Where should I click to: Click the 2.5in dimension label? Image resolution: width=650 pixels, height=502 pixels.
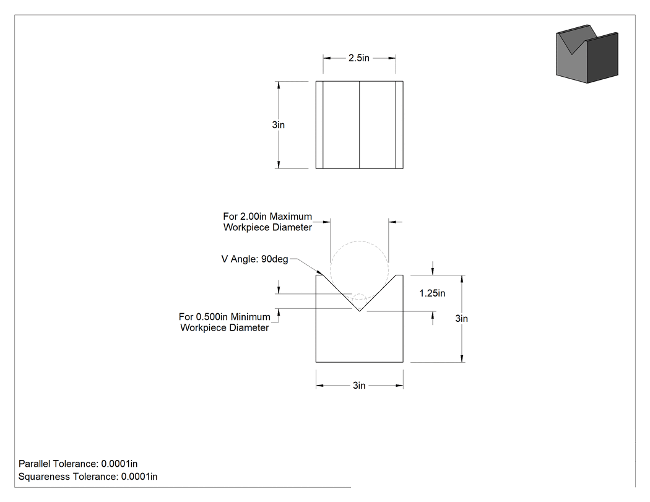tap(359, 58)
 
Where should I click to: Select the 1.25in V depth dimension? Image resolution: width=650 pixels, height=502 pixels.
tap(432, 293)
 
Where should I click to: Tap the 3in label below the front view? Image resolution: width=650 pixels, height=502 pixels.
tap(359, 386)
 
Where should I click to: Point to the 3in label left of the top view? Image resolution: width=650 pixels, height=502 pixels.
tap(278, 125)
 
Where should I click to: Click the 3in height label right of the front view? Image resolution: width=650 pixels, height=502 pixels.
tap(461, 318)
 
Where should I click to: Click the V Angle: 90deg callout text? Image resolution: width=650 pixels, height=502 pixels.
tap(254, 259)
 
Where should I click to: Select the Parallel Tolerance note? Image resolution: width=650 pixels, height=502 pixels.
tap(78, 464)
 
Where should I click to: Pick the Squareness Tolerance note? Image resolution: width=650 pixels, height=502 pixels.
tap(88, 477)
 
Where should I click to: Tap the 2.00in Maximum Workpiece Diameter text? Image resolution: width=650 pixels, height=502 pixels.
tap(267, 222)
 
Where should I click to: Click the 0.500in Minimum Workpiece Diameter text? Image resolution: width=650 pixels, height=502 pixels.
tap(225, 322)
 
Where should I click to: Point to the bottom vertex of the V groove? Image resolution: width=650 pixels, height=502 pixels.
tap(360, 311)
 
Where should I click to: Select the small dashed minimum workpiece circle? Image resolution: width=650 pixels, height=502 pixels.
tap(360, 293)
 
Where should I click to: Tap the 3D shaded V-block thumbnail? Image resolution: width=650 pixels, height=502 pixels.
tap(587, 54)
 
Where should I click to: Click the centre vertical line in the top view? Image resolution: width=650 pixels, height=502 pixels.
tap(360, 125)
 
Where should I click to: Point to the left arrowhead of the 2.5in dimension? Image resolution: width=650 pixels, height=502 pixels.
tap(327, 58)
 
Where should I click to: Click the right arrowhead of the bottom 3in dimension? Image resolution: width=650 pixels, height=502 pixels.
tap(399, 386)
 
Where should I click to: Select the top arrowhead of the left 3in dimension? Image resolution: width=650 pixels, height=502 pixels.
tap(279, 85)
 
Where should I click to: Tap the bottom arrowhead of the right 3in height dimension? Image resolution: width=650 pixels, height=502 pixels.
tap(462, 358)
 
